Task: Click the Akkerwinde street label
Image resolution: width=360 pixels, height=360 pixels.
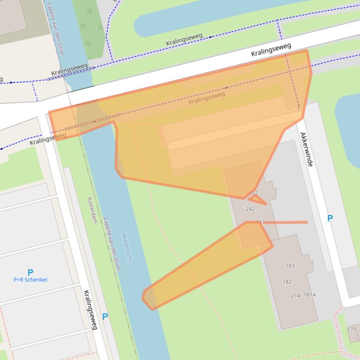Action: pyautogui.click(x=307, y=150)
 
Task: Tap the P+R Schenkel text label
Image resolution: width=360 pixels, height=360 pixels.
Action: pyautogui.click(x=30, y=280)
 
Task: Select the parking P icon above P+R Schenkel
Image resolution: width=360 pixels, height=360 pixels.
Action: pyautogui.click(x=30, y=272)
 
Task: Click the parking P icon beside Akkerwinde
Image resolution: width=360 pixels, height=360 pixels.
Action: pyautogui.click(x=330, y=218)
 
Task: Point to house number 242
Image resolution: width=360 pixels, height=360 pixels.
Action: pyautogui.click(x=250, y=209)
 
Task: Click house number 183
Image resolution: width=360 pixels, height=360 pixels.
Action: pyautogui.click(x=290, y=266)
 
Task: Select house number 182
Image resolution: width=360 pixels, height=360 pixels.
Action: pyautogui.click(x=287, y=282)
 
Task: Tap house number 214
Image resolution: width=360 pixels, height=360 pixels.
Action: pyautogui.click(x=296, y=295)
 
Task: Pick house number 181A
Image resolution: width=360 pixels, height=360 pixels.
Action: pyautogui.click(x=310, y=295)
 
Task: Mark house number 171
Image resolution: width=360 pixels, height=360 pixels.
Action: pyautogui.click(x=351, y=330)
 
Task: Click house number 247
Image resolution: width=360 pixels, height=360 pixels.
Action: pyautogui.click(x=260, y=222)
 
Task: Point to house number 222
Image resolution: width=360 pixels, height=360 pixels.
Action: pyautogui.click(x=253, y=193)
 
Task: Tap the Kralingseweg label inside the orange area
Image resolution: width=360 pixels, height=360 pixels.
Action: pyautogui.click(x=206, y=98)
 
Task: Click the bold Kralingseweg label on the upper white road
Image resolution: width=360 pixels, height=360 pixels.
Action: pyautogui.click(x=271, y=50)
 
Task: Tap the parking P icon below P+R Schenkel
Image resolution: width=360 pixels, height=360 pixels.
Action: pyautogui.click(x=105, y=317)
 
